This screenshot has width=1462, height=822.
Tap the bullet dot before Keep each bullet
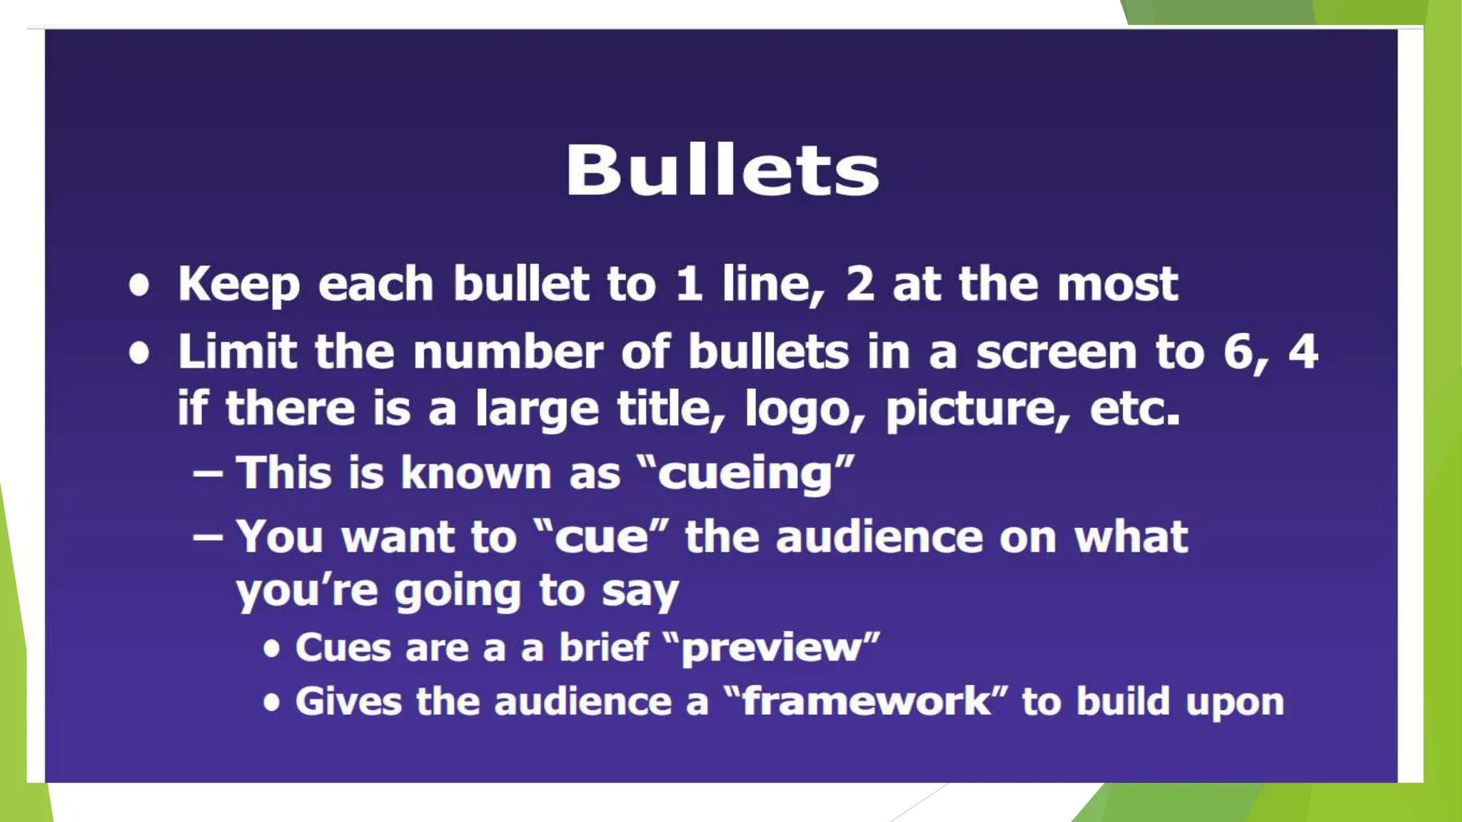point(140,286)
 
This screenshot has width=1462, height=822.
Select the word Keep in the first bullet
point(238,285)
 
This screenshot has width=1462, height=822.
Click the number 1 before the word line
point(689,284)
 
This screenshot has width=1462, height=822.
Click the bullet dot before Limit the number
point(140,354)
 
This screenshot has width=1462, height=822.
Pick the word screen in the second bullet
point(1057,353)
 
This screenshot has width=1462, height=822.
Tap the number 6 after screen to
point(1239,352)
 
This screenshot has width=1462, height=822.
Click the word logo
point(801,410)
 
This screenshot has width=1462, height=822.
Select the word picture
point(974,410)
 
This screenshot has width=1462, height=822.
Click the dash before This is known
point(208,475)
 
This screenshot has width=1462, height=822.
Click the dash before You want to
point(208,537)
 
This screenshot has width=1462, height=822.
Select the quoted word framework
point(866,701)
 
